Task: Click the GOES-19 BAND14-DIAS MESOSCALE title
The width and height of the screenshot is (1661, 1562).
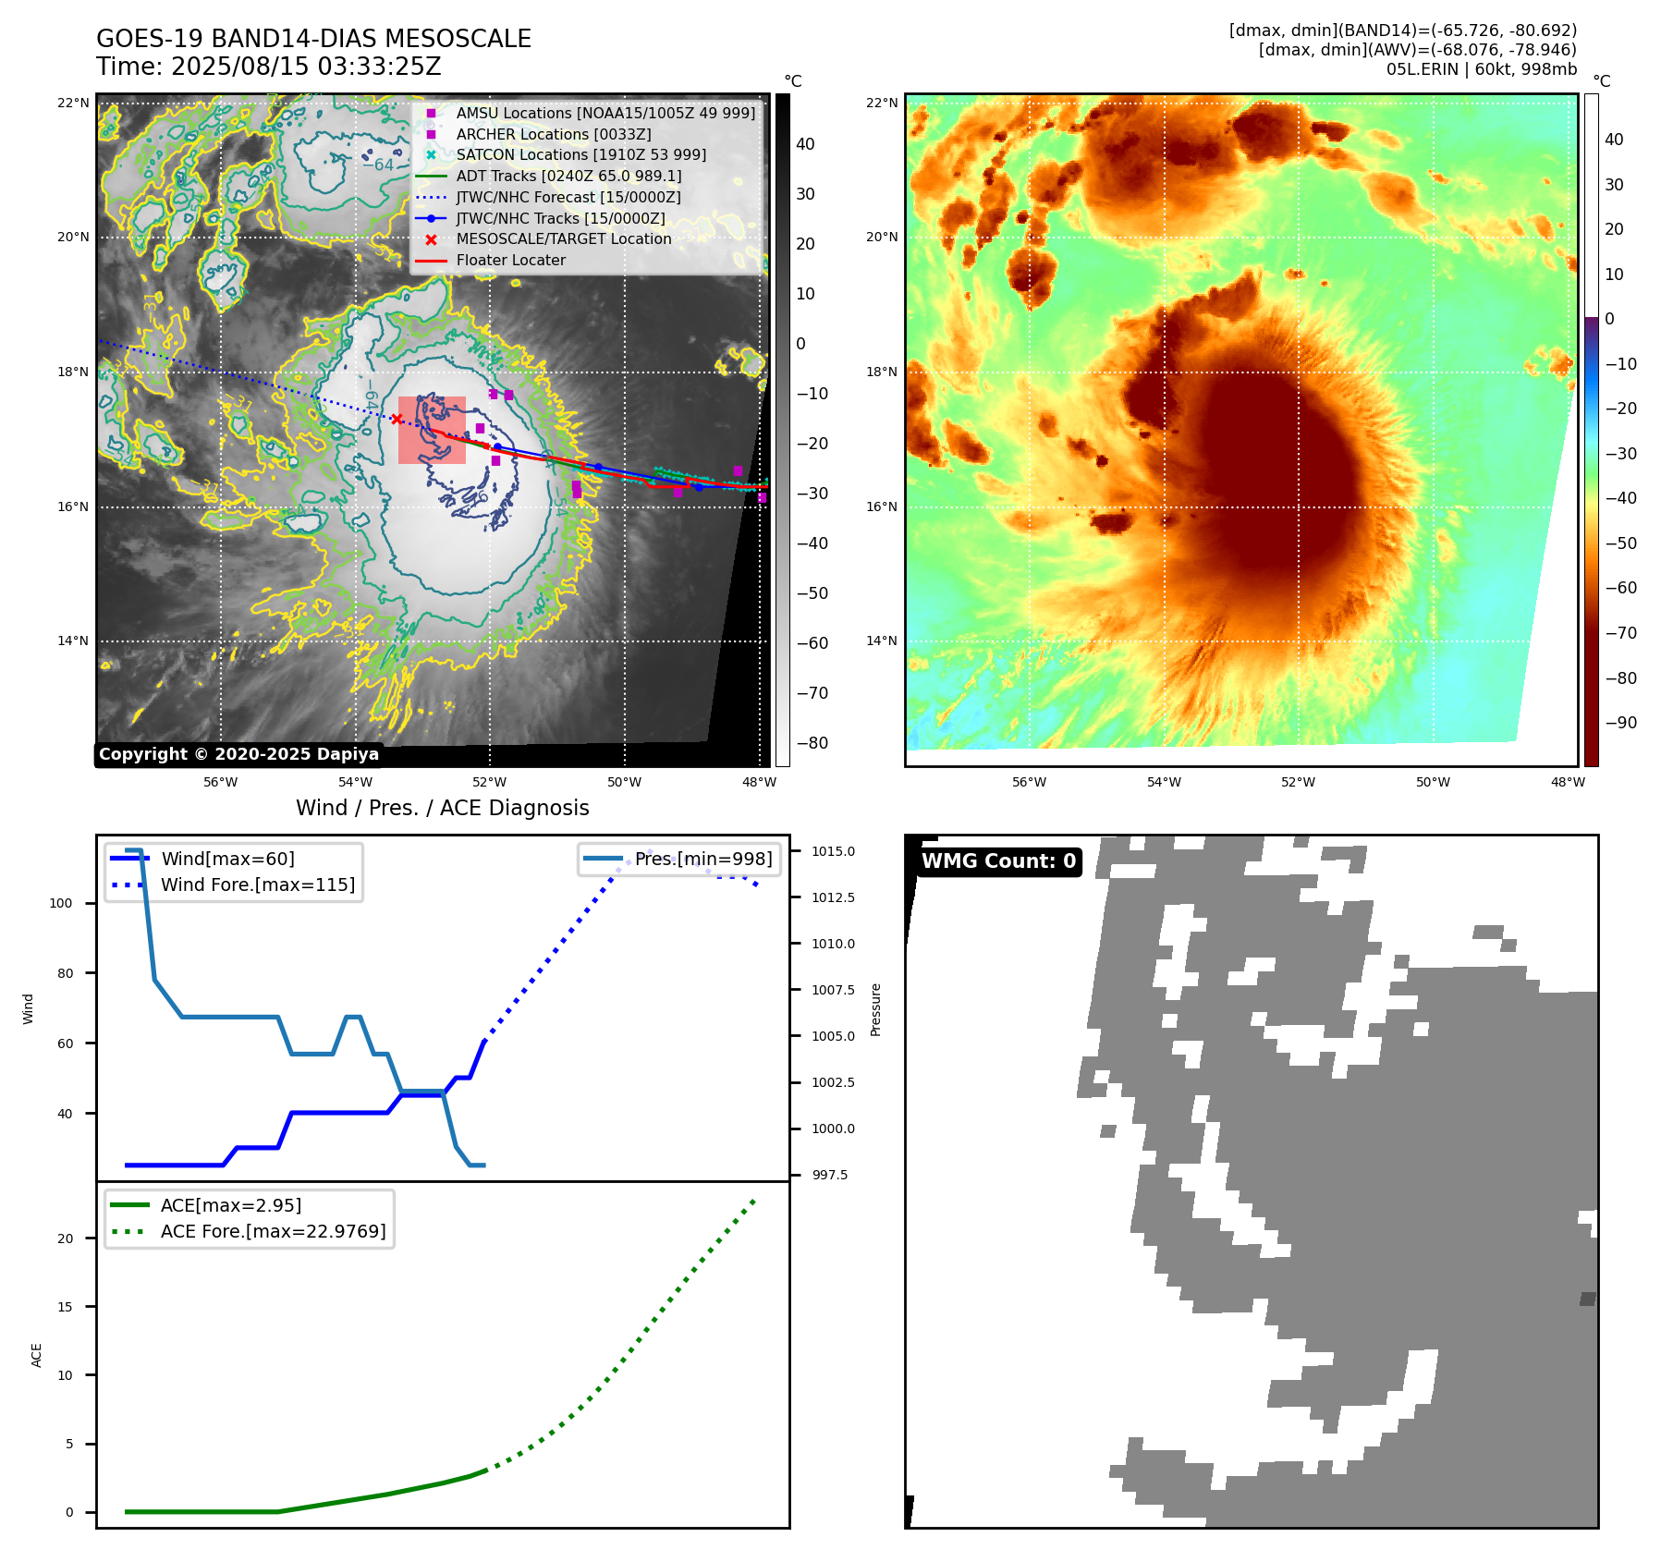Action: pos(313,39)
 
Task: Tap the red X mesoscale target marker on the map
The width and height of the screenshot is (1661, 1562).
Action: pos(397,420)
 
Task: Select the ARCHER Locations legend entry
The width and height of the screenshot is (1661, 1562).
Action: pos(553,134)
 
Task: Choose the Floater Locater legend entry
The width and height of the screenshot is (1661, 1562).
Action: pos(510,261)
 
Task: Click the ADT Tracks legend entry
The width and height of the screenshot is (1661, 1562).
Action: pos(568,176)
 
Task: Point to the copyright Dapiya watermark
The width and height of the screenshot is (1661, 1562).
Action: pos(238,754)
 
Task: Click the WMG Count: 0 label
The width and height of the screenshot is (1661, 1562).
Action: pos(998,861)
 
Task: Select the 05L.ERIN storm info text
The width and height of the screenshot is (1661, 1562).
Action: pos(1481,69)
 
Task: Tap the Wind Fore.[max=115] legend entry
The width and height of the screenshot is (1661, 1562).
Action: pos(257,885)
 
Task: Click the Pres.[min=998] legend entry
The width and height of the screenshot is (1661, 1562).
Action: pos(702,859)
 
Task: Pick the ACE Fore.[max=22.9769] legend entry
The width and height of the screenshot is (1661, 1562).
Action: pos(273,1231)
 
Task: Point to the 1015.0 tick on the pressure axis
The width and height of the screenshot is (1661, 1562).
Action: pos(833,851)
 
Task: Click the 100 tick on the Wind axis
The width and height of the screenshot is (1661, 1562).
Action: pos(61,903)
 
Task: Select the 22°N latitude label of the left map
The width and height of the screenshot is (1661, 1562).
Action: pos(73,103)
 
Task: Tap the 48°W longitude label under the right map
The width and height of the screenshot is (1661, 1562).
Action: pos(1568,782)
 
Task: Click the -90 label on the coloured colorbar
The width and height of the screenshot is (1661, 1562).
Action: pos(1620,723)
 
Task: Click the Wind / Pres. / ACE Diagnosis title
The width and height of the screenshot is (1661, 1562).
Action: pos(442,808)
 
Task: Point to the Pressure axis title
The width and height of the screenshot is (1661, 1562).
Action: pos(875,1009)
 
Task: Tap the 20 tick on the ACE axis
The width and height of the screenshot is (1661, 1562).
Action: pos(65,1239)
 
